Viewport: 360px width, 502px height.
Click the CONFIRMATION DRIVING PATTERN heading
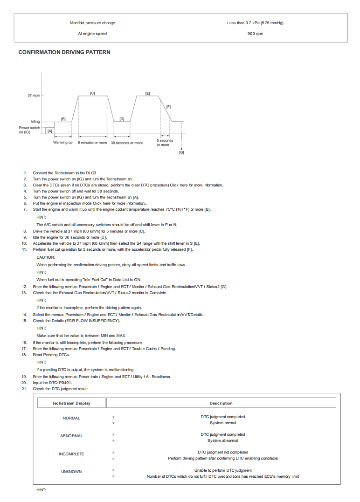click(64, 52)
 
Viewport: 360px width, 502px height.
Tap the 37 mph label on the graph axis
click(33, 96)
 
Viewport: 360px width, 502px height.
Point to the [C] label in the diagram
click(92, 94)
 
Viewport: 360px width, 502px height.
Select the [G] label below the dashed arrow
click(181, 152)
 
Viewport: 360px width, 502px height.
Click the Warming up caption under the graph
click(63, 142)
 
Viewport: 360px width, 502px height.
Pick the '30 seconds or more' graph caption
click(126, 143)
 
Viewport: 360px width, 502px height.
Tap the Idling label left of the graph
click(35, 122)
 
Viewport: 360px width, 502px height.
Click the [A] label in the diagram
click(49, 131)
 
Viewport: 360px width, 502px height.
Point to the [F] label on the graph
click(168, 107)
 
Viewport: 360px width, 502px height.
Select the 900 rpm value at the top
click(255, 34)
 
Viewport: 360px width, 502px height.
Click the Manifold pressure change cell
click(92, 23)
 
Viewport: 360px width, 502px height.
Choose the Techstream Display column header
click(71, 403)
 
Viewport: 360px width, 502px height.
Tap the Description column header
click(221, 403)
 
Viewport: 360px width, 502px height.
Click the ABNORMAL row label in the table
click(71, 436)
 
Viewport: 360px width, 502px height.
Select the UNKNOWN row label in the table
click(71, 472)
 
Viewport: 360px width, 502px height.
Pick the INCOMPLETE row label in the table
click(71, 454)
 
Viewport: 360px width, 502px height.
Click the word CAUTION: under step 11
click(46, 257)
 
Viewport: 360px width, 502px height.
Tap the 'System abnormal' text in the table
click(223, 440)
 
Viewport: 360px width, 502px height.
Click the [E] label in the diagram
click(147, 94)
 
